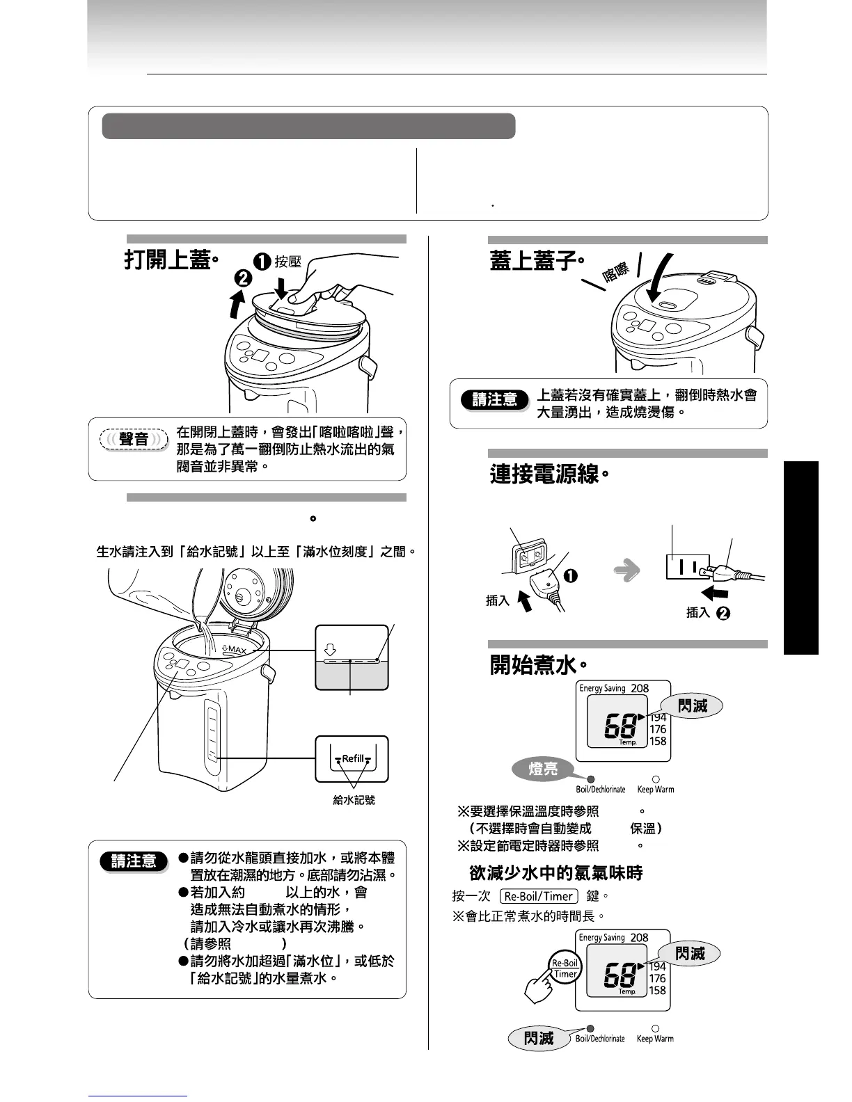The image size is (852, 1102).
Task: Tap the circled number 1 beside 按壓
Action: click(262, 262)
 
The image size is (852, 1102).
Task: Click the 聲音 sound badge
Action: click(134, 439)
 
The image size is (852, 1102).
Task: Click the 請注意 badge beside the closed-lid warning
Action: click(495, 399)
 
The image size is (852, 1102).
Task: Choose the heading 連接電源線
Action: click(547, 474)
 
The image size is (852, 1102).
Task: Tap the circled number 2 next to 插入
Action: click(723, 613)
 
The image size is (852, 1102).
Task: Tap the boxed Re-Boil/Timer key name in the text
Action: click(539, 897)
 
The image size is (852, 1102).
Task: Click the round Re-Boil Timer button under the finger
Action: click(565, 968)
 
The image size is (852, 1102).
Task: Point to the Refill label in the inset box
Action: click(352, 759)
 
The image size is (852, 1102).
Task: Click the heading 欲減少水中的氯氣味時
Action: click(555, 873)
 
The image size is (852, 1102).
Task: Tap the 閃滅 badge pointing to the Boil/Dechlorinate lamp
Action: click(539, 1039)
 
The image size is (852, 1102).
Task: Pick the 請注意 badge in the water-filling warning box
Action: click(134, 861)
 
